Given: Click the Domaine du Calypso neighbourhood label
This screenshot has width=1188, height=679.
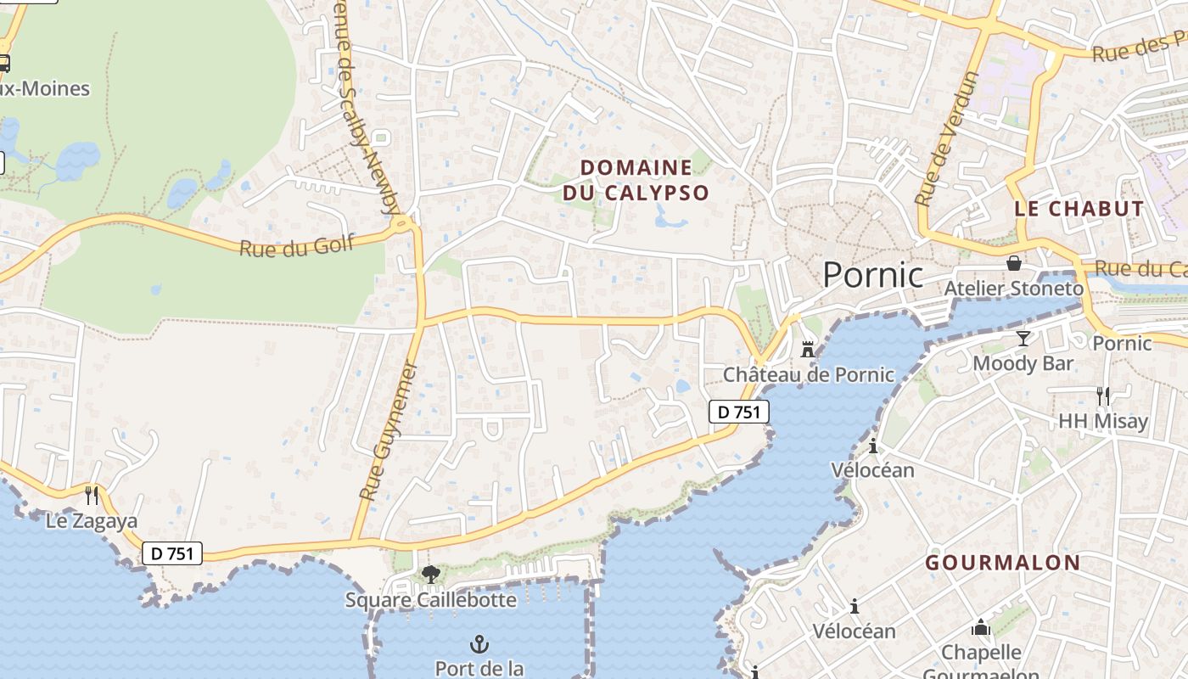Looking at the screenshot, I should coord(636,180).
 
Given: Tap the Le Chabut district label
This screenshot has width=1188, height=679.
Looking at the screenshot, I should coord(1079,209).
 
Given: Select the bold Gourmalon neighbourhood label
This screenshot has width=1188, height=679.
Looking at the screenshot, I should coord(1002,563).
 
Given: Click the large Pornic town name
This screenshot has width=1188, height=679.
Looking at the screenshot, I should coord(872,274).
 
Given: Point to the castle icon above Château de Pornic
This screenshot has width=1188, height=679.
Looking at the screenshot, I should coord(808,349).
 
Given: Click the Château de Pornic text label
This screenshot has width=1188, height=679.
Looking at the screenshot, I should coord(808,374).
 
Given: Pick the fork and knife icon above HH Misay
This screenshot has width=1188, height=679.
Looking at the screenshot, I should coord(1102,396).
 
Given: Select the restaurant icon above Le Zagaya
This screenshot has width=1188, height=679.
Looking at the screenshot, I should coord(92,495).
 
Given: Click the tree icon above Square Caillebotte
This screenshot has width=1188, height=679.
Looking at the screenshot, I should coord(430,575).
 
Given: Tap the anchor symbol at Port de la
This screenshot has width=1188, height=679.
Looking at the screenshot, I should coord(479,644).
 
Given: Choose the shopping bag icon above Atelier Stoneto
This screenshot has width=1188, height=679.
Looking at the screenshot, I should coord(1013,263).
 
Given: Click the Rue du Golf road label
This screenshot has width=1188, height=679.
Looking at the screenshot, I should coord(296,247).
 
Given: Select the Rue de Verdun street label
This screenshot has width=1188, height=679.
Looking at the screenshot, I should coord(947,137).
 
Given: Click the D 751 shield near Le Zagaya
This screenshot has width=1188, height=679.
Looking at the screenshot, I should coord(172,553).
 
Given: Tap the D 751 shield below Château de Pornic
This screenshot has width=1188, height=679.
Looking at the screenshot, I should coord(738,412).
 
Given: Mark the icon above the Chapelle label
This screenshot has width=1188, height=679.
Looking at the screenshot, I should coord(981,628).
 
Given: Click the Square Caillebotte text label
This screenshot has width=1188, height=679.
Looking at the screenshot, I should coord(430,600).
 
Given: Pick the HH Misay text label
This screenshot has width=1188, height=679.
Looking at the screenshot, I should coord(1102,421).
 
